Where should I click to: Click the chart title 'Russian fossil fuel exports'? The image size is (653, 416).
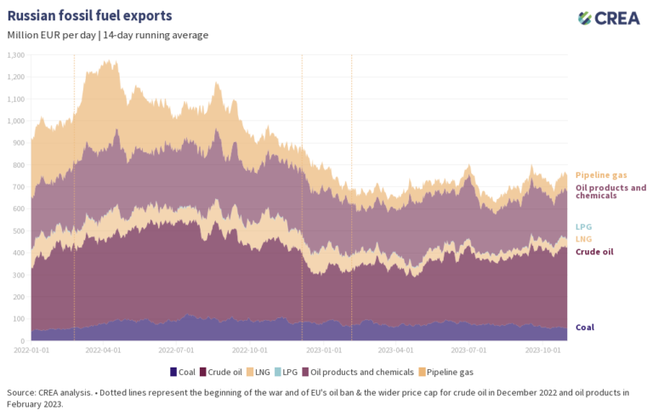89,15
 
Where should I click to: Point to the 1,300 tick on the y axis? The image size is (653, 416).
16,55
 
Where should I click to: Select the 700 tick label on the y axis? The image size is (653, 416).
19,187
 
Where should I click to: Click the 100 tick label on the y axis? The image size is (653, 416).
19,319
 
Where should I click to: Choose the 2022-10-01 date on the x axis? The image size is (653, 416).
251,349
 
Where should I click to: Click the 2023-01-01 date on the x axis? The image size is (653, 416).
324,349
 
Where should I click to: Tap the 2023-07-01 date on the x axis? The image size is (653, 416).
468,349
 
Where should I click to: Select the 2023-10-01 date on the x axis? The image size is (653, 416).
542,349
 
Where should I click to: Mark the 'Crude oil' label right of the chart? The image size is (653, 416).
594,252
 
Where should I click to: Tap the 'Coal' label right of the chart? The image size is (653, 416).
585,328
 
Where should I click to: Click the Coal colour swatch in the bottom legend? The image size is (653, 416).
173,372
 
